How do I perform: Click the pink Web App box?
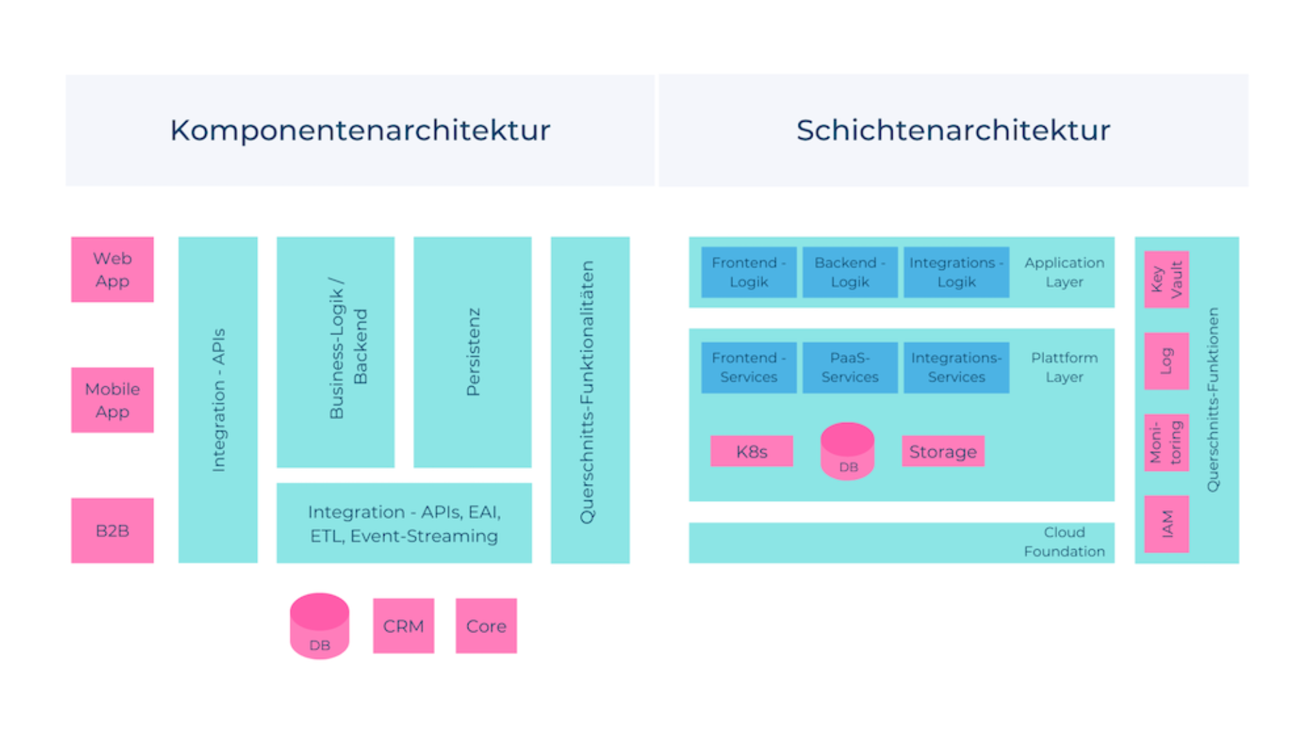click(x=112, y=269)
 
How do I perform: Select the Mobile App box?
click(x=112, y=400)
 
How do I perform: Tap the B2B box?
click(x=112, y=530)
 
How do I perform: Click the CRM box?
click(x=403, y=626)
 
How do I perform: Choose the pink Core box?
click(x=486, y=626)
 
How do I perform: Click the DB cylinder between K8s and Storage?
click(x=847, y=452)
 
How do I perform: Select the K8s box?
click(x=752, y=451)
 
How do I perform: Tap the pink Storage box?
click(x=943, y=451)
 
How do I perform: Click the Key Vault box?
click(x=1167, y=280)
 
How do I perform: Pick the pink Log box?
click(x=1167, y=361)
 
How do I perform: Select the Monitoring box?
click(x=1167, y=442)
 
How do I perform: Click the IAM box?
click(x=1167, y=524)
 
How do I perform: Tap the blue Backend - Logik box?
click(x=850, y=272)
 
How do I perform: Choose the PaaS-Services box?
click(x=850, y=368)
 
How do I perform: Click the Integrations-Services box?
click(x=956, y=368)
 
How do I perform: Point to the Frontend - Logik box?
click(x=749, y=272)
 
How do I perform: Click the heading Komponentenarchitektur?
click(x=360, y=131)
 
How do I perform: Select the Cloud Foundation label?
click(x=1064, y=542)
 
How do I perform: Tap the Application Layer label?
click(x=1064, y=272)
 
